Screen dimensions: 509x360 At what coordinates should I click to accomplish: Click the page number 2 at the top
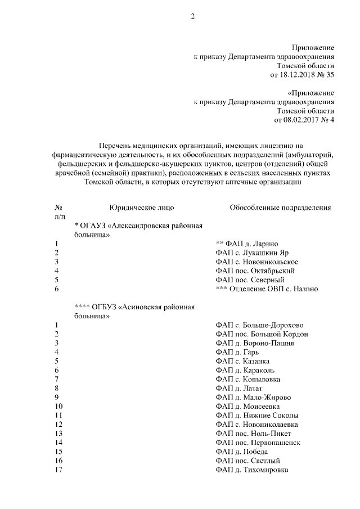click(192, 16)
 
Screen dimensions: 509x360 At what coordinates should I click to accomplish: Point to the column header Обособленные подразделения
click(280, 208)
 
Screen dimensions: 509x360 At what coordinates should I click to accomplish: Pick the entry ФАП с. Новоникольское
click(256, 262)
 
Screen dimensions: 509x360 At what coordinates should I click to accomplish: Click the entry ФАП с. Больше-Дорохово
click(259, 325)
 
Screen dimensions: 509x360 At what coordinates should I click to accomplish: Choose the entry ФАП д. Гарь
click(238, 352)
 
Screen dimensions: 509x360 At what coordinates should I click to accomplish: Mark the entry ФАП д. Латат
click(239, 388)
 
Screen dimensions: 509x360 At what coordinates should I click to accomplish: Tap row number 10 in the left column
click(58, 406)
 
